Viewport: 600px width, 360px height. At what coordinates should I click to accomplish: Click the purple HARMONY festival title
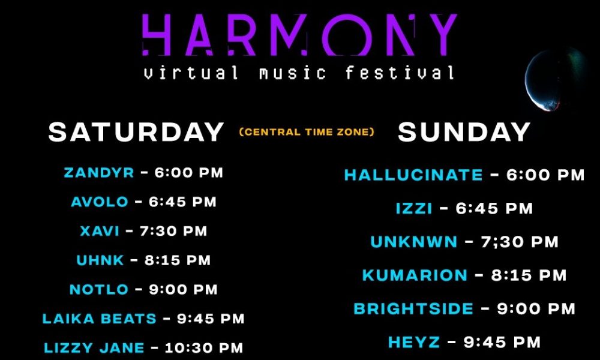point(299,35)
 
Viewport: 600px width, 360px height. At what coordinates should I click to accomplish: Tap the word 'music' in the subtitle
point(293,73)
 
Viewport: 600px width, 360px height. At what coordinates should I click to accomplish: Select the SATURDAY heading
point(136,132)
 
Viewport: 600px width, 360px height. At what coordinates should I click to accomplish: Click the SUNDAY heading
point(464,132)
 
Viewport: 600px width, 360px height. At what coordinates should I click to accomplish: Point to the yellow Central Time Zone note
point(307,132)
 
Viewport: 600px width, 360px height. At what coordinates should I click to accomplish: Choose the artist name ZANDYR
point(99,173)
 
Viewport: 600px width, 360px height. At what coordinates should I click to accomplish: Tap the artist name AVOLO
point(100,202)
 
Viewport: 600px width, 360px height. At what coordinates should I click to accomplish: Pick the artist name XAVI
point(100,231)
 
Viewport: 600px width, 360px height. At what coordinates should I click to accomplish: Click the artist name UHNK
point(100,260)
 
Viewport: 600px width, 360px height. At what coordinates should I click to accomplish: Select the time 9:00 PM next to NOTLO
point(183,289)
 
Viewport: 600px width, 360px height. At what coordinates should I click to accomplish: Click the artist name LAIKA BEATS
point(100,318)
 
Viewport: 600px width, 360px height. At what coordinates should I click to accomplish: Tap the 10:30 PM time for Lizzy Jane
point(204,348)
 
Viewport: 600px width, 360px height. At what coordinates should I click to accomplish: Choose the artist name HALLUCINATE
point(413,175)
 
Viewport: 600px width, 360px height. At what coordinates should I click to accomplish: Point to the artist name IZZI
point(414,209)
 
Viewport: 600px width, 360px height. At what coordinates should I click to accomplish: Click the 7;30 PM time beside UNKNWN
point(520,242)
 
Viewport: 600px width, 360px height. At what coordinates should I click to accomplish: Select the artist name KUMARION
point(415,275)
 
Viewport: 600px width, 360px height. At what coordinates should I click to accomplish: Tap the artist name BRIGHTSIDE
point(413,309)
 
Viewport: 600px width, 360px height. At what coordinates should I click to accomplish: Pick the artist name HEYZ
point(414,342)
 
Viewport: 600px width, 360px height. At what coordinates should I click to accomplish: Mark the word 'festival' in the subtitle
point(400,73)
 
